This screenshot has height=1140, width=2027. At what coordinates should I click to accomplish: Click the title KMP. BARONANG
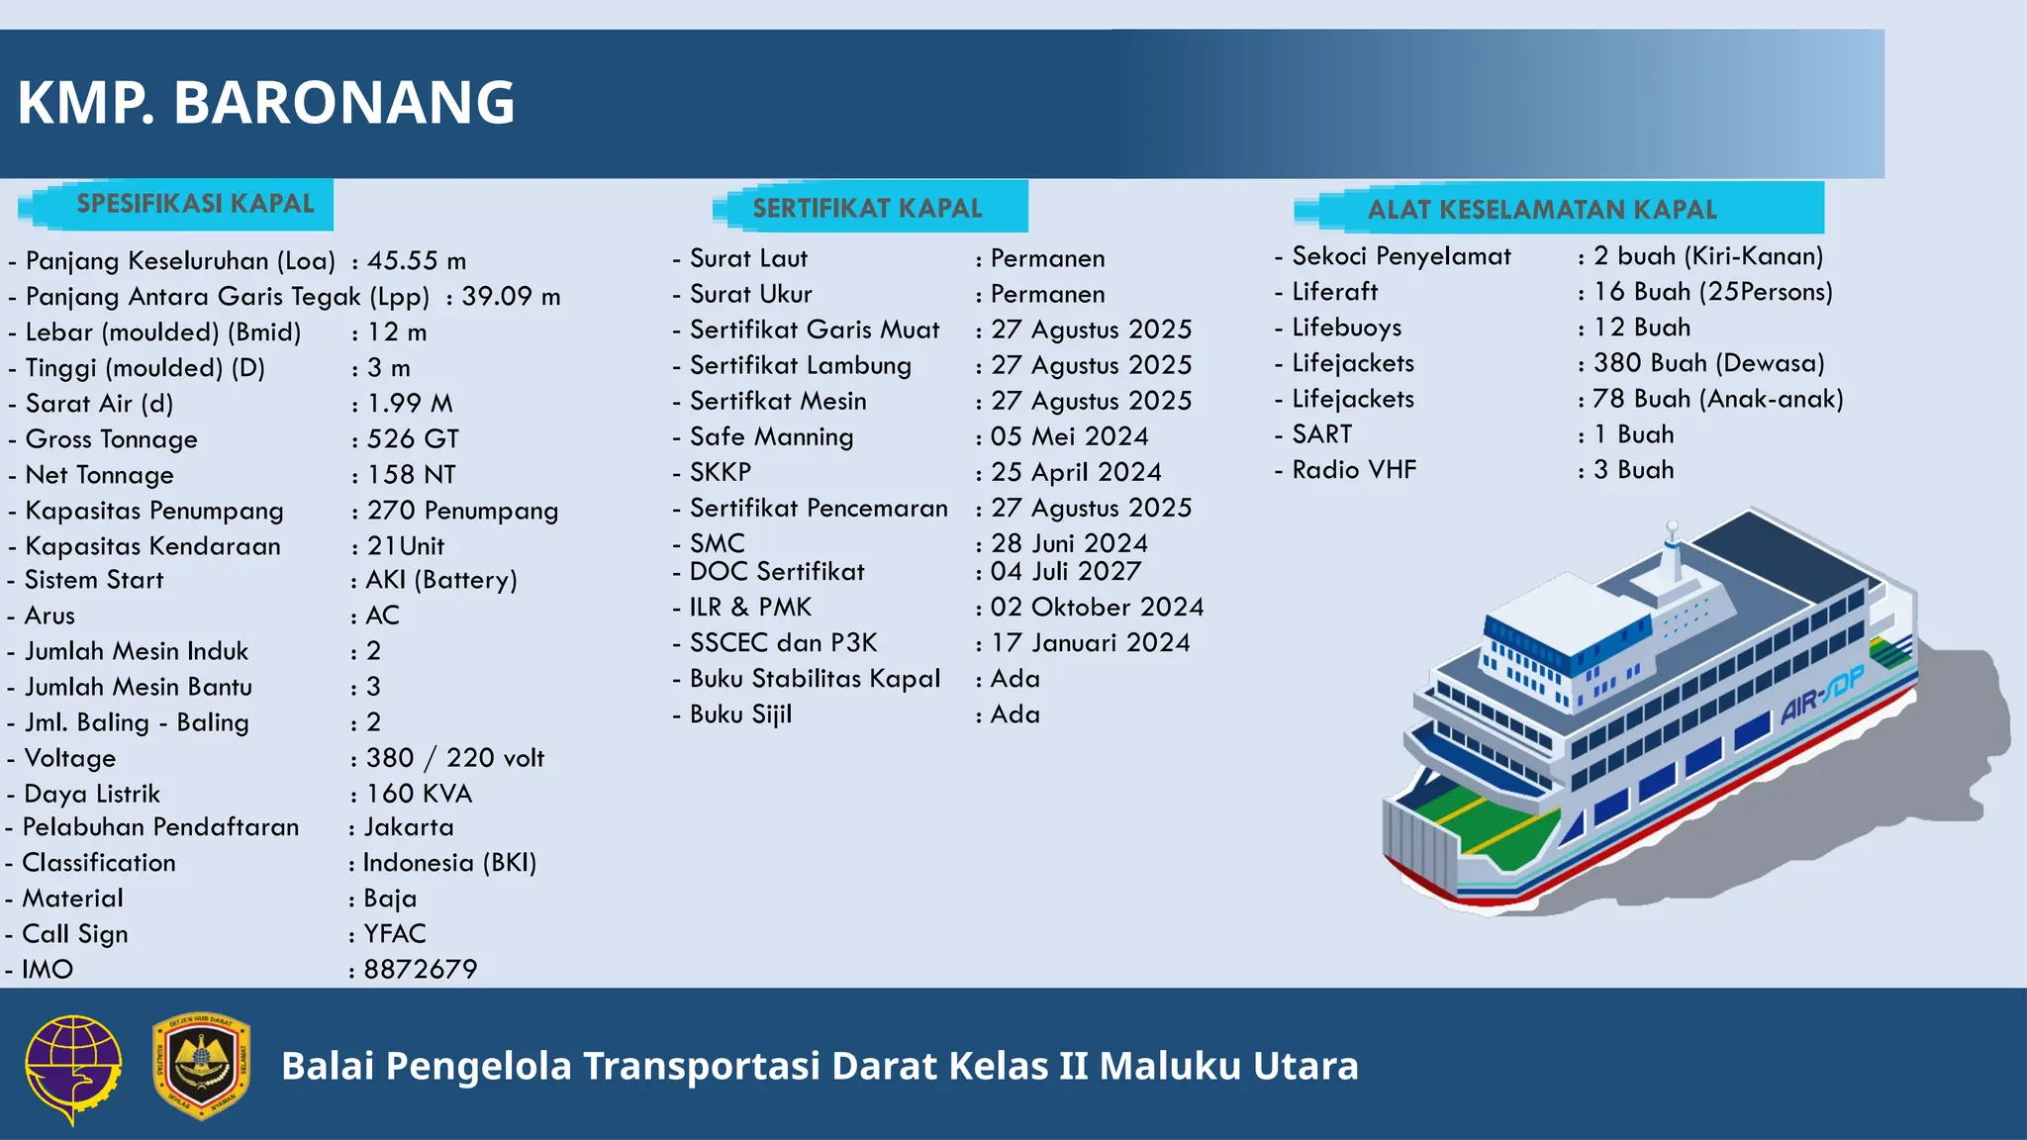coord(265,103)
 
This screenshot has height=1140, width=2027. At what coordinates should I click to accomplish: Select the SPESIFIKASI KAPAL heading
coord(195,204)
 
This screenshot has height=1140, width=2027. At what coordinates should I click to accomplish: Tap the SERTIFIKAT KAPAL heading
coord(867,208)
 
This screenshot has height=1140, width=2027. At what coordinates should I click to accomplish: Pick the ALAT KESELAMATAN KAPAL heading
coord(1541,210)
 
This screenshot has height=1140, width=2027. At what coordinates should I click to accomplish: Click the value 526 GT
coord(413,439)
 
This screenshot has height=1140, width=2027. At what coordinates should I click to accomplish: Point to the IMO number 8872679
coord(420,969)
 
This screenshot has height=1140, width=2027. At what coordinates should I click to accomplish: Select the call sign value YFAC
coord(394,933)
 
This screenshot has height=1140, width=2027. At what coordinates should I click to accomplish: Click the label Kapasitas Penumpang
coord(154,511)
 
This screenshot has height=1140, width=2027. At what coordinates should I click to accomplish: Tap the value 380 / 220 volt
coord(454,758)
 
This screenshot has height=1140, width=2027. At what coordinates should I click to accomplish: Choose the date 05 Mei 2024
coord(1069,436)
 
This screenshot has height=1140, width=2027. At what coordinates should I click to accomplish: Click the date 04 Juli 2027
coord(1065,571)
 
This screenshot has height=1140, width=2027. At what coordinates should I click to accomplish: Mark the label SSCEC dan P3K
coord(783,643)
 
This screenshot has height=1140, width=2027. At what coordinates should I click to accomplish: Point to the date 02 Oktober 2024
coord(1097,607)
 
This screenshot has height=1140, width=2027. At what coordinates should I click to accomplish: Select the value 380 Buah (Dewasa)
coord(1708,363)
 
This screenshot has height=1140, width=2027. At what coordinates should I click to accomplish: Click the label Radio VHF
coord(1353,470)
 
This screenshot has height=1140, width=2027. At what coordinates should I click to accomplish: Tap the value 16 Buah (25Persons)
coord(1712,292)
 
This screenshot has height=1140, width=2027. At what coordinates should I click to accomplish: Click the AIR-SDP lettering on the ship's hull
coord(1821,696)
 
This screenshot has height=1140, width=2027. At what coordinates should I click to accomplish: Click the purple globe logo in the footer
coord(73,1067)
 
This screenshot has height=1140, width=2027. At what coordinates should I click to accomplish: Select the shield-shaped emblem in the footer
coord(201,1066)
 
